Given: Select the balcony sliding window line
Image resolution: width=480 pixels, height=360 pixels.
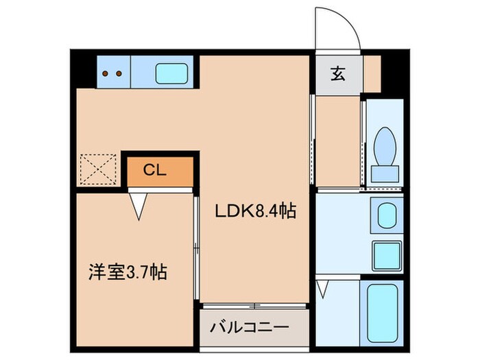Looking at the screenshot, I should tap(254, 304).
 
